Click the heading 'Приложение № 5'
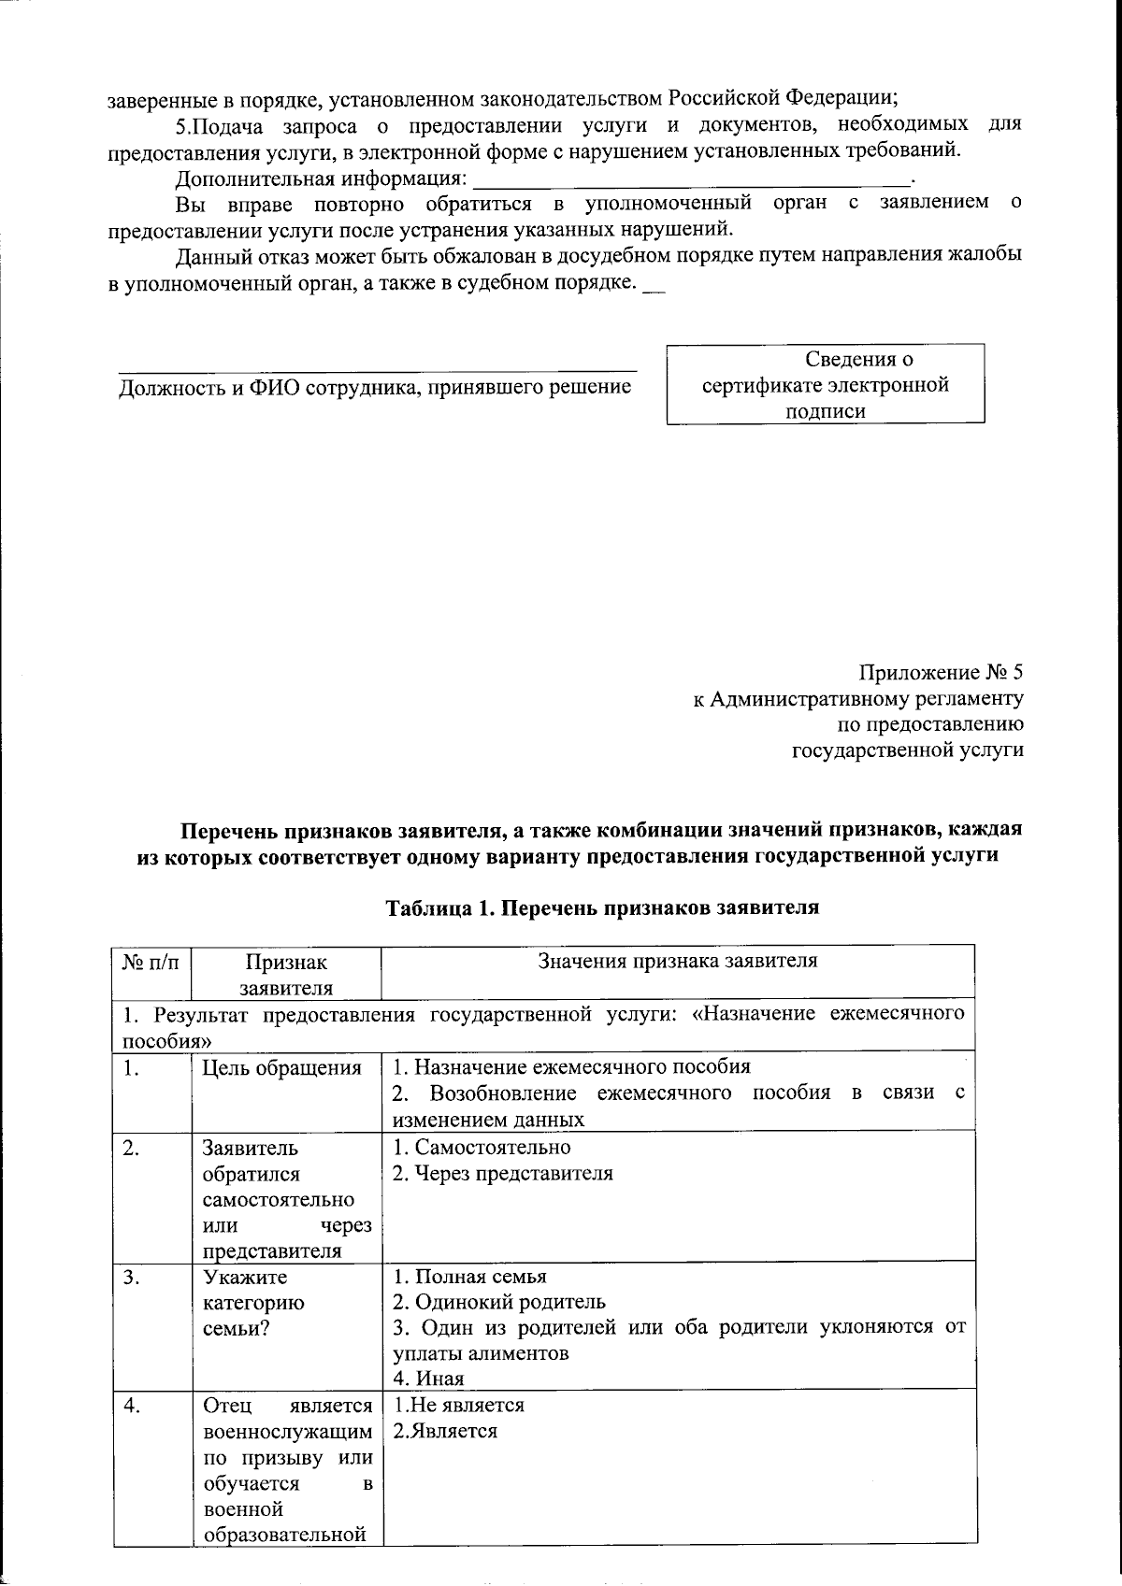point(941,673)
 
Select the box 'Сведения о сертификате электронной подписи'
point(825,384)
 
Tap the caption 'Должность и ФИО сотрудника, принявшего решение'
point(374,387)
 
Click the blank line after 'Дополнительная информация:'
point(692,178)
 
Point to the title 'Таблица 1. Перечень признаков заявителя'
point(603,907)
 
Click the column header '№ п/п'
point(151,962)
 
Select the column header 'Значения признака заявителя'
point(678,961)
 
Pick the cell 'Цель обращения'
point(282,1068)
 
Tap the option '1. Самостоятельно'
point(482,1147)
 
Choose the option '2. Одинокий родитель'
point(499,1302)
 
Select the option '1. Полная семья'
point(469,1277)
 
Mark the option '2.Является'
point(445,1431)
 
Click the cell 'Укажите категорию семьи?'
point(252,1302)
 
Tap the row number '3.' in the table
point(131,1278)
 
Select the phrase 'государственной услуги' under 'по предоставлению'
point(907,750)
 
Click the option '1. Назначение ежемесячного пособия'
point(571,1067)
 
